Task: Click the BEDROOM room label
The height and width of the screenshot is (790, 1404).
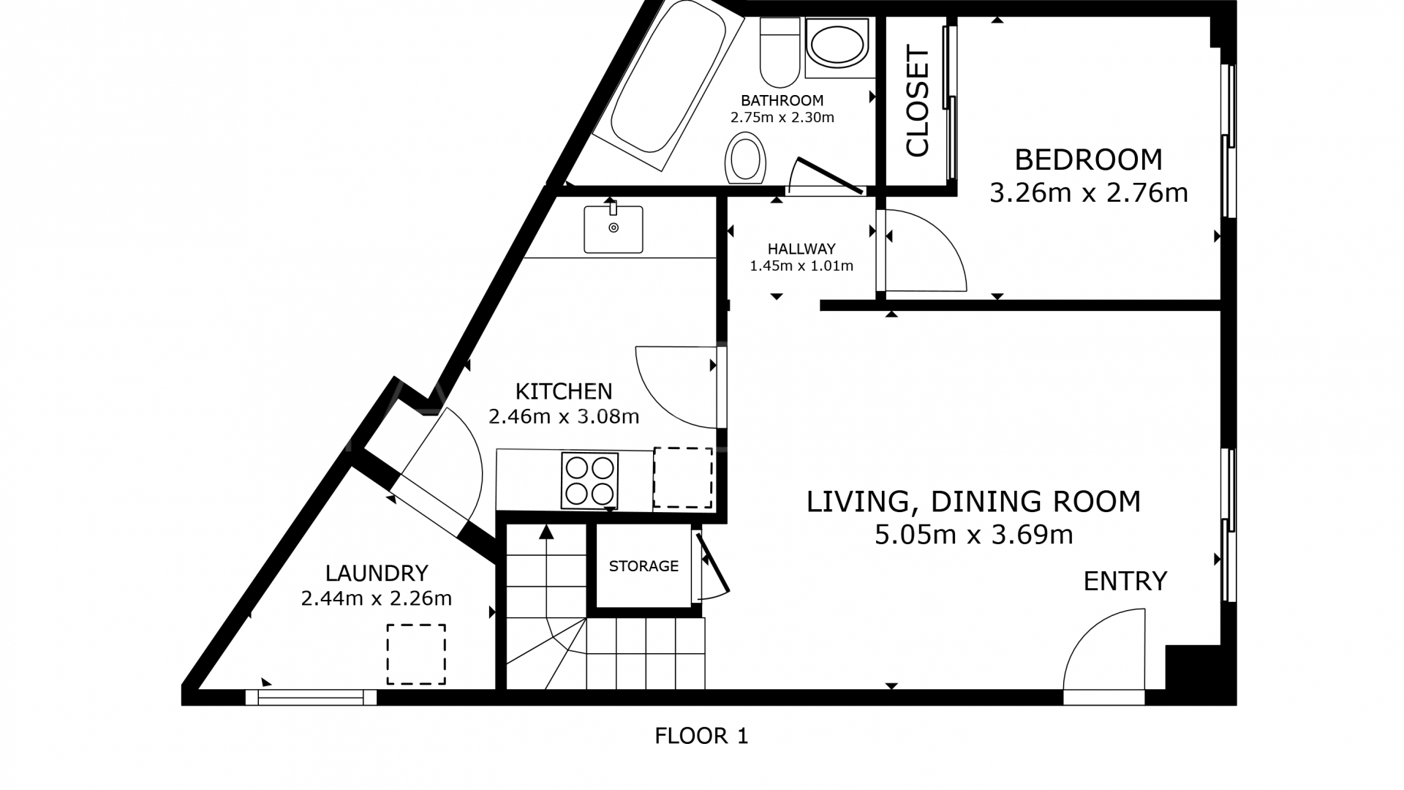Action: click(1088, 159)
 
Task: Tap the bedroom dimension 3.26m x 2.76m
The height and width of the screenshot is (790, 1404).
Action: click(1088, 193)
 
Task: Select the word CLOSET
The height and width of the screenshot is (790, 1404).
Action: click(917, 102)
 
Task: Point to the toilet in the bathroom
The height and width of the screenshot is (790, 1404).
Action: click(780, 53)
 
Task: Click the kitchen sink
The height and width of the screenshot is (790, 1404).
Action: click(613, 229)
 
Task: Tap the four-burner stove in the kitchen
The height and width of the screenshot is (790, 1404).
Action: click(589, 481)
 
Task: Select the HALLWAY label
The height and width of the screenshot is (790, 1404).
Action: click(801, 249)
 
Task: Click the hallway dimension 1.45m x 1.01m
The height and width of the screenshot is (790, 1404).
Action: click(801, 266)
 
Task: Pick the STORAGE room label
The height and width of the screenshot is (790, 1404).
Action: click(643, 565)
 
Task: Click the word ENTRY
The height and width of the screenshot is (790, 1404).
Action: click(1125, 582)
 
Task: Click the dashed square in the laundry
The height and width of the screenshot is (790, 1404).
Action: click(416, 654)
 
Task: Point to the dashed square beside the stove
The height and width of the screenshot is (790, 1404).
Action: click(682, 478)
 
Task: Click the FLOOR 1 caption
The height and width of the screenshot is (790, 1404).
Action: click(701, 736)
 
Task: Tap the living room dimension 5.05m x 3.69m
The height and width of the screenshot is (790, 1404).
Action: click(973, 535)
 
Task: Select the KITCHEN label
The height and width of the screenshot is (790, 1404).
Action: click(564, 391)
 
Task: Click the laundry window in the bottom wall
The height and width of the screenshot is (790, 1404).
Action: click(311, 698)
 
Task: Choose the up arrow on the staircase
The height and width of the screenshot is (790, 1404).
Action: click(546, 532)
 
